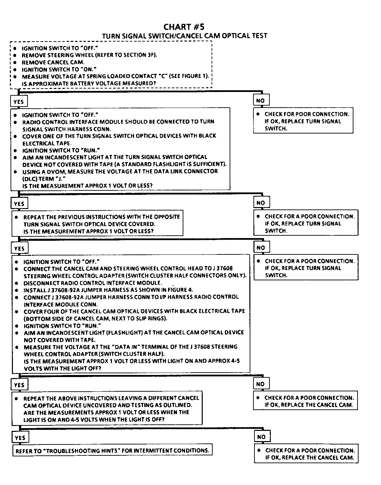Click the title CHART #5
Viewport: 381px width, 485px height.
point(184,27)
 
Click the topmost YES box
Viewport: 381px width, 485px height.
point(19,101)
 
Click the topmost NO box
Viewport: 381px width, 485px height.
point(260,100)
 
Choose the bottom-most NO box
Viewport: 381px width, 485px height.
point(261,437)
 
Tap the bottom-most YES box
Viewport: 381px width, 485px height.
point(20,438)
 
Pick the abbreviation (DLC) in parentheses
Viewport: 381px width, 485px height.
point(29,179)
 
